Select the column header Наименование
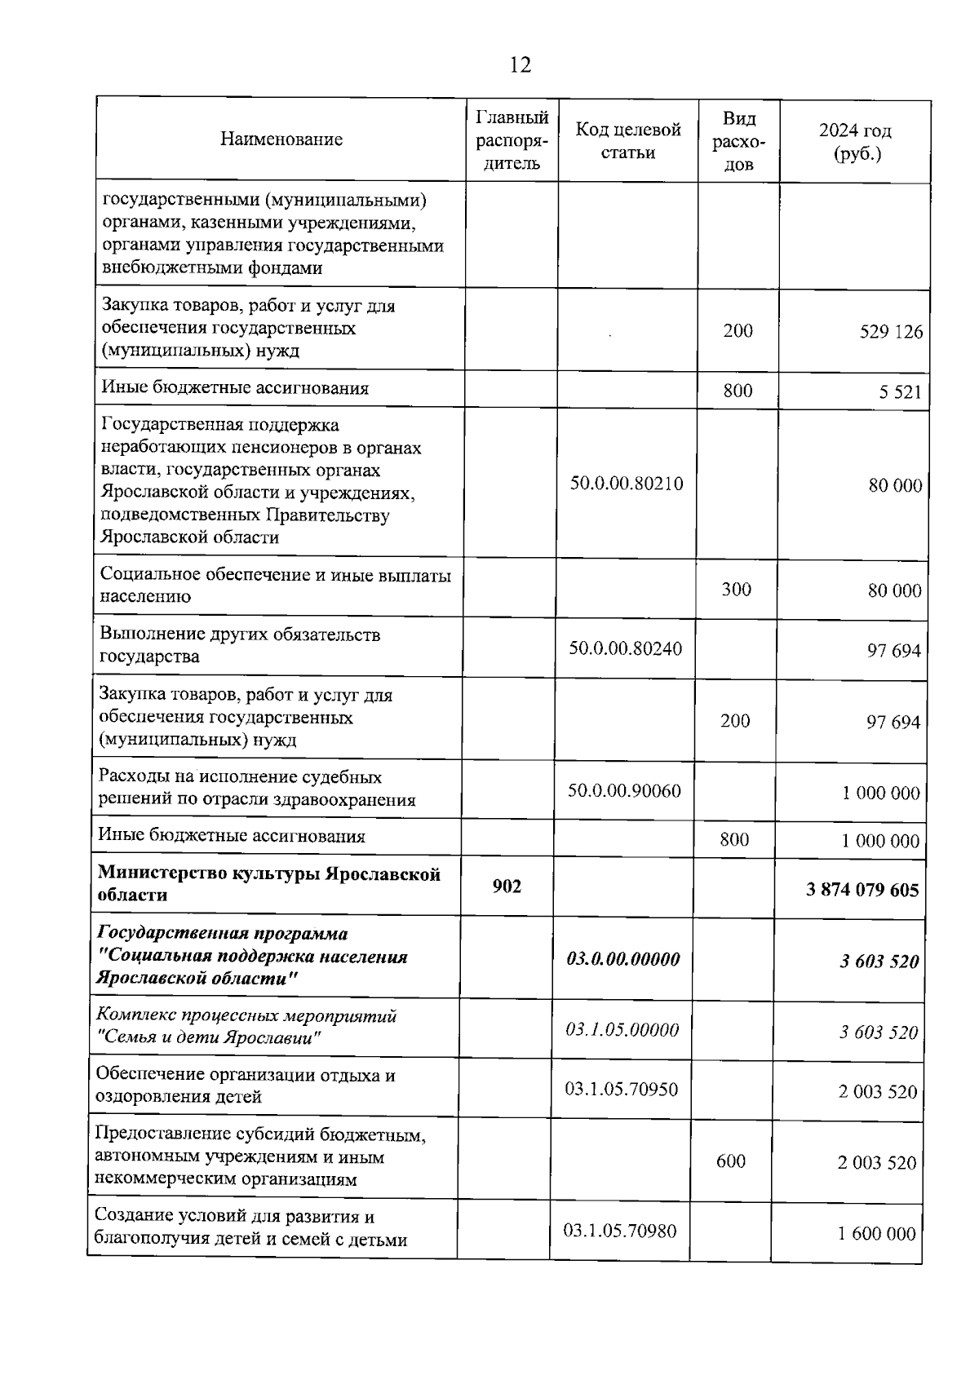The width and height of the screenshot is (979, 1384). [281, 139]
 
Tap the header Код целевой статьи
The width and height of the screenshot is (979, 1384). [627, 141]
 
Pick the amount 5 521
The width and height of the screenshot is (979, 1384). [900, 392]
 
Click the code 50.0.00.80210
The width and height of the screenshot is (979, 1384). [626, 484]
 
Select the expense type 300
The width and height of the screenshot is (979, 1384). [736, 590]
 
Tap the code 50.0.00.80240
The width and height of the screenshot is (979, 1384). [625, 649]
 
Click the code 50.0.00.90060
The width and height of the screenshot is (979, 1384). [624, 791]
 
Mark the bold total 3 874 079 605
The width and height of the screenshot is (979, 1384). [862, 889]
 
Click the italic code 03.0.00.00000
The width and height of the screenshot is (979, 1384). [622, 960]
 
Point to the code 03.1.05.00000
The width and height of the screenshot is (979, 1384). [622, 1030]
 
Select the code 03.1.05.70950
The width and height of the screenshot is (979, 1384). [621, 1090]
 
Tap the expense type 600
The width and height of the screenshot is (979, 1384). [730, 1161]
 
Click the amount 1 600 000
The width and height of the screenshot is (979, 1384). [876, 1234]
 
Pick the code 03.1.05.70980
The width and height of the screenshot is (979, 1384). [619, 1231]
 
